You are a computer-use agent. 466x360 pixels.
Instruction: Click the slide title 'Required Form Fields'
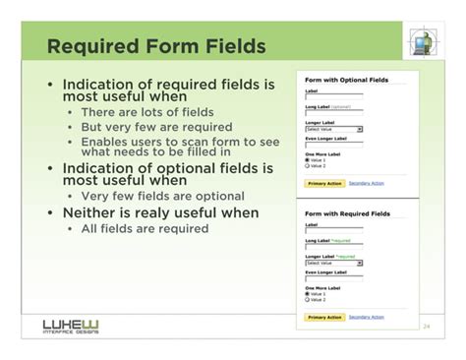[x=156, y=46]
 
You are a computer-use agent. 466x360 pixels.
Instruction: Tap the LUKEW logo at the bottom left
[x=70, y=326]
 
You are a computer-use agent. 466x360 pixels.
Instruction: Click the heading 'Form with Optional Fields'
[x=347, y=79]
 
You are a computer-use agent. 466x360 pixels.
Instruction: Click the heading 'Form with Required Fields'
[x=347, y=212]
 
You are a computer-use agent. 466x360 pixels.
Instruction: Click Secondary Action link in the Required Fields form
[x=367, y=318]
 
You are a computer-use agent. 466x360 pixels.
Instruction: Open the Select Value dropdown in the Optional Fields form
[x=334, y=129]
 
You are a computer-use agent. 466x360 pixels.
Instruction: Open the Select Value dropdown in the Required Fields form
[x=334, y=263]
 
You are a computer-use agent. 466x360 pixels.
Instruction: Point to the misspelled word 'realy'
[x=155, y=211]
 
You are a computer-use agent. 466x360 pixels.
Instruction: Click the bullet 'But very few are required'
[x=155, y=128]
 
